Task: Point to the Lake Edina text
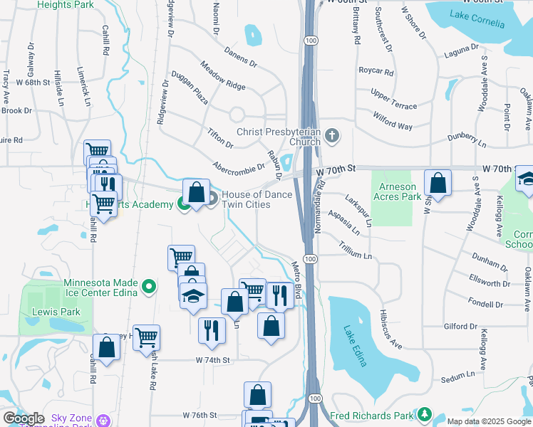tap(355, 346)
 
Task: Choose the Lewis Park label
tap(55, 312)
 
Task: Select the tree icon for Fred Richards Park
tap(425, 413)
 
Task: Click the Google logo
tap(24, 418)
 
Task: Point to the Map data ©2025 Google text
tap(489, 421)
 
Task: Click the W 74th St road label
tap(213, 361)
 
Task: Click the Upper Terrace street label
tap(393, 100)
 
